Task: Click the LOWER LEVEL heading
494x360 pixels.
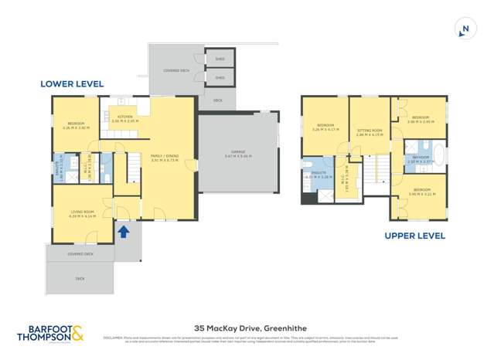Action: point(73,84)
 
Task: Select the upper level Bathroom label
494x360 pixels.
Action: point(421,158)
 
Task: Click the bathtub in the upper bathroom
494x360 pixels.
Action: point(441,152)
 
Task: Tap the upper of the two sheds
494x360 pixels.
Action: point(220,59)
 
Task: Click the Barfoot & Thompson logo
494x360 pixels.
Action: point(51,333)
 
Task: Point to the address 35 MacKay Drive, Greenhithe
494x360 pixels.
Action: point(247,328)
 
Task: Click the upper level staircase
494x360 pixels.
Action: point(376,172)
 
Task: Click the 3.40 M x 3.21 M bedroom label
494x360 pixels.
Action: point(421,191)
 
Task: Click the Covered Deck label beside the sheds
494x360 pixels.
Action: point(175,70)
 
